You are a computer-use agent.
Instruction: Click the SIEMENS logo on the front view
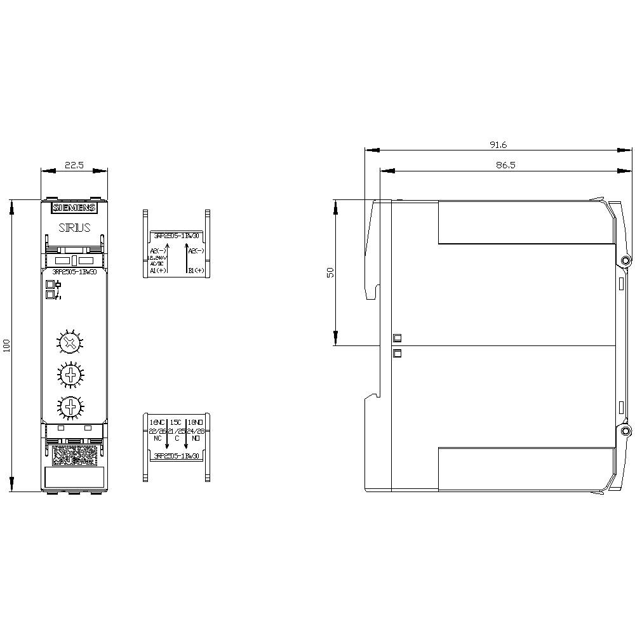tap(74, 208)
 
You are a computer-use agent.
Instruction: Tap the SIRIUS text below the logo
tap(74, 227)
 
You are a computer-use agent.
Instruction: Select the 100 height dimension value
tap(7, 345)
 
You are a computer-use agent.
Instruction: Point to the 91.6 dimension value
tap(498, 145)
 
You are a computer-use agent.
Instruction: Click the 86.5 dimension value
tap(498, 164)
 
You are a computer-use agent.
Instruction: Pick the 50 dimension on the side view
tap(330, 272)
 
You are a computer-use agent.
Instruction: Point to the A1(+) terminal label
tap(157, 271)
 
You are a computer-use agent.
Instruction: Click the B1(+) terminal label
tap(196, 271)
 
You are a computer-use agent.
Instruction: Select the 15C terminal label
tap(177, 422)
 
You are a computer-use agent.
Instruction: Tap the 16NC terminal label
tap(157, 422)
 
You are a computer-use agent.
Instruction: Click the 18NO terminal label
tap(196, 422)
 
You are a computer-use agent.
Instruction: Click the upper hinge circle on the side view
tap(626, 261)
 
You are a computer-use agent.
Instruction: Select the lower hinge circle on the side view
tap(626, 432)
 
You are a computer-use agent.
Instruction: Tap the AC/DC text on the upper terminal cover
tap(156, 264)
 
